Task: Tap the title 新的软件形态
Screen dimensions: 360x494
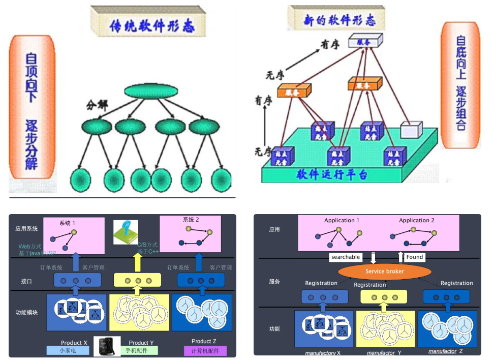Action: tap(340, 20)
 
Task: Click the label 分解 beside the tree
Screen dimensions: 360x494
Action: tap(98, 105)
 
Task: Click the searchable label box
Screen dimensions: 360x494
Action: tap(346, 257)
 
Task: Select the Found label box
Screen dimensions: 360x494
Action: tap(414, 257)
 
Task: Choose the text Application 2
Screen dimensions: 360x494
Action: tap(416, 220)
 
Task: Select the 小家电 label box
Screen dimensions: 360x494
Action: tap(68, 350)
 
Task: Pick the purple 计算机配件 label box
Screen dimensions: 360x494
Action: tap(205, 351)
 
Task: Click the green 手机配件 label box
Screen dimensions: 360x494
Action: tap(142, 350)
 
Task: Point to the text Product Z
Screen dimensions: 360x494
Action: tap(204, 341)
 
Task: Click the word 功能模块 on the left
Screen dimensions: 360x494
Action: tap(26, 312)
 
